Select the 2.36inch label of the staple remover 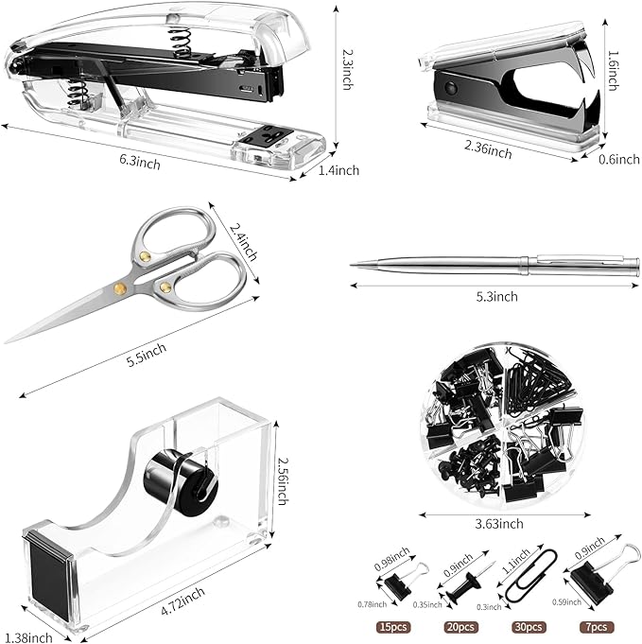[x=489, y=148]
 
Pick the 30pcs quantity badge [x=529, y=626]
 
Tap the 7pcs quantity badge [x=598, y=626]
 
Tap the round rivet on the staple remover [x=451, y=91]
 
